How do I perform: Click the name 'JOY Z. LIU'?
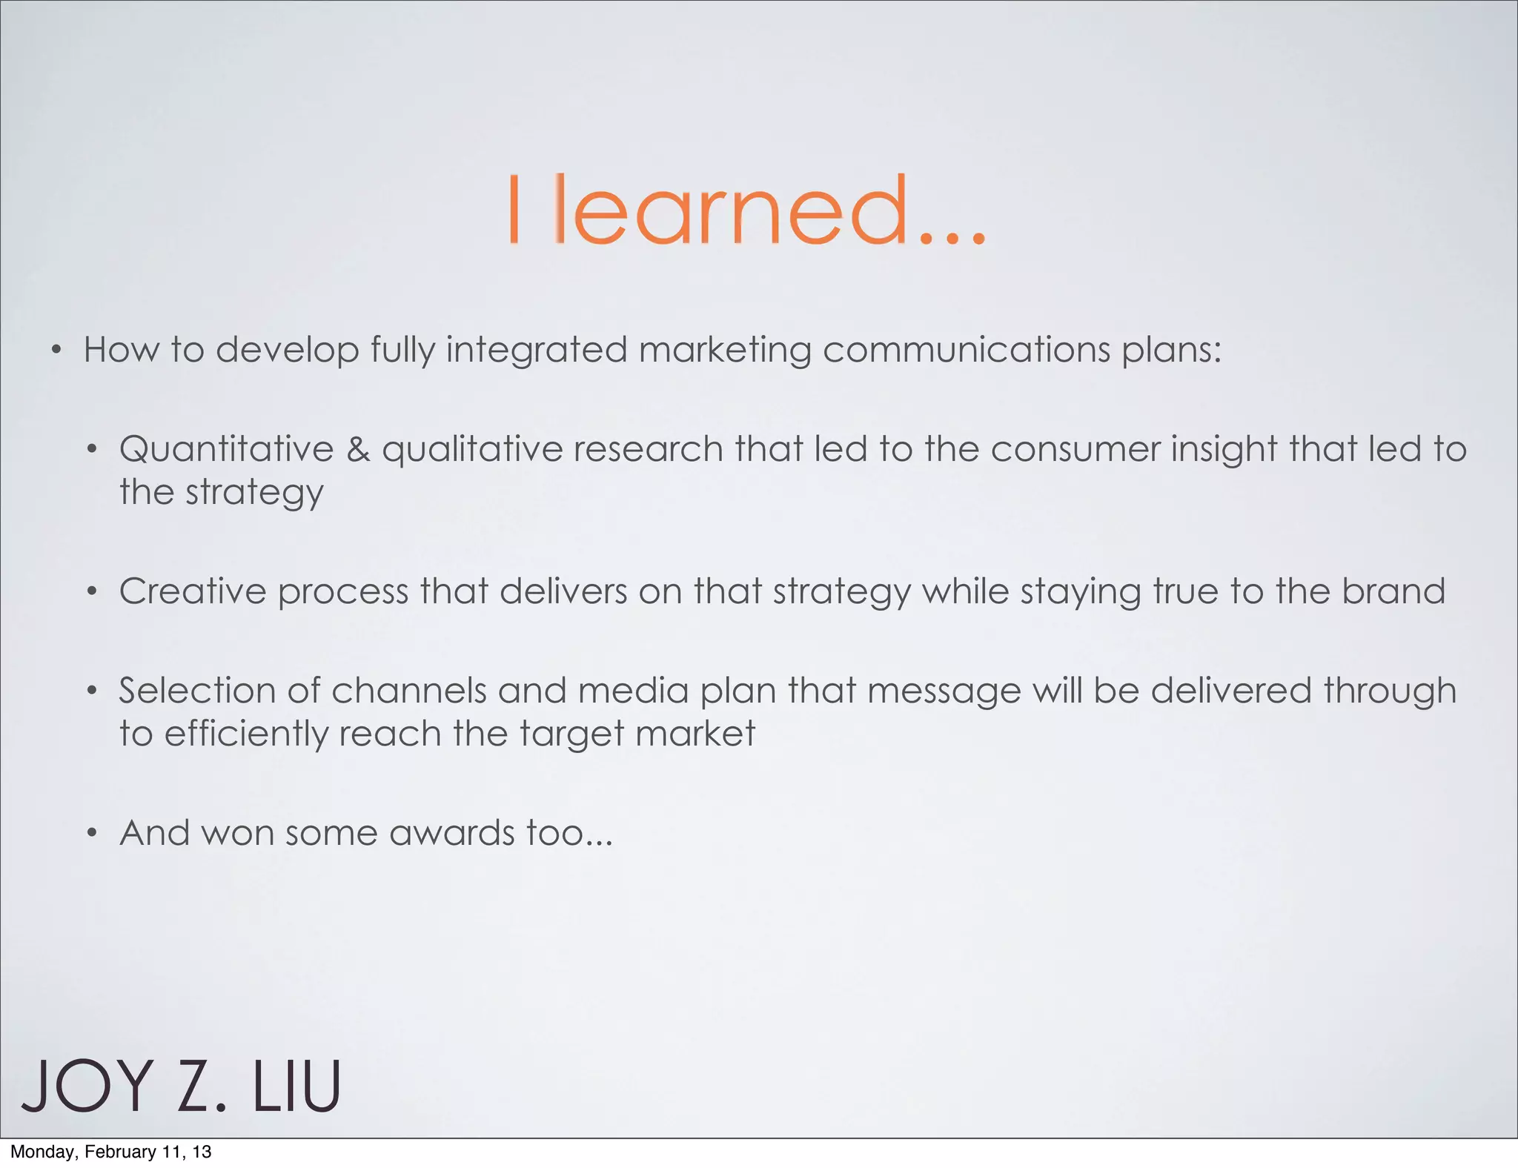coord(181,1087)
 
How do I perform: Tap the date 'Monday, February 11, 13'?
coord(111,1152)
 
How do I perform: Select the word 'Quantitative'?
coord(227,449)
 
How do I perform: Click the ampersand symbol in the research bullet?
coord(358,449)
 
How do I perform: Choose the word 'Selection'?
coord(197,691)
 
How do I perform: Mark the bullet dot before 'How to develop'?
coord(56,350)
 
